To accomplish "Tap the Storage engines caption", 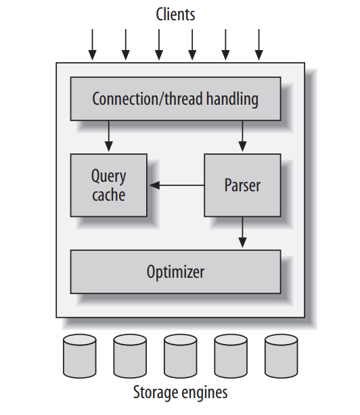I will tap(180, 393).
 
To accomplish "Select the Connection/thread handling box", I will tap(175, 99).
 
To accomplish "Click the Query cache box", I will tap(108, 185).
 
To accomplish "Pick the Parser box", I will tap(242, 185).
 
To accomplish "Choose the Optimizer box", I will tap(175, 272).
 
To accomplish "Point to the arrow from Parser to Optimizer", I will tap(243, 233).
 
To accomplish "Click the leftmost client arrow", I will tap(93, 45).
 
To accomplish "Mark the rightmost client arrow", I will tap(258, 45).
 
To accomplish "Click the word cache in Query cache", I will tap(108, 195).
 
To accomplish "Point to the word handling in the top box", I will tap(232, 99).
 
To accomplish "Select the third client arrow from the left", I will tap(159, 45).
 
